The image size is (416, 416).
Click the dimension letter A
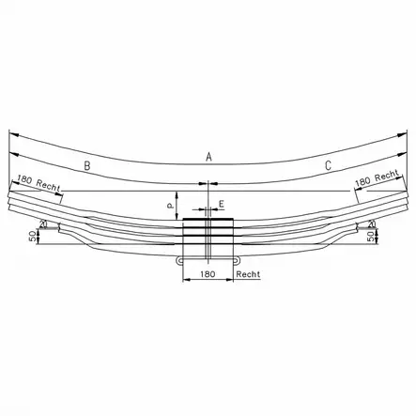point(208,156)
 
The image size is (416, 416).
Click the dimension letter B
point(87,165)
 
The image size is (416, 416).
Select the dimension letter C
point(328,165)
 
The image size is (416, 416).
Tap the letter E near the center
point(222,205)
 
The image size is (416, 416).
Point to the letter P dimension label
point(170,206)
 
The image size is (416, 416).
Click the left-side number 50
point(32,237)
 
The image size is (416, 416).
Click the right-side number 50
point(371,237)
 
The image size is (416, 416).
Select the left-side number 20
point(43,224)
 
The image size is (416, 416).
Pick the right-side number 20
point(372,224)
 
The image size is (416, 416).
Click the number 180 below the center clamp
point(208,274)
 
